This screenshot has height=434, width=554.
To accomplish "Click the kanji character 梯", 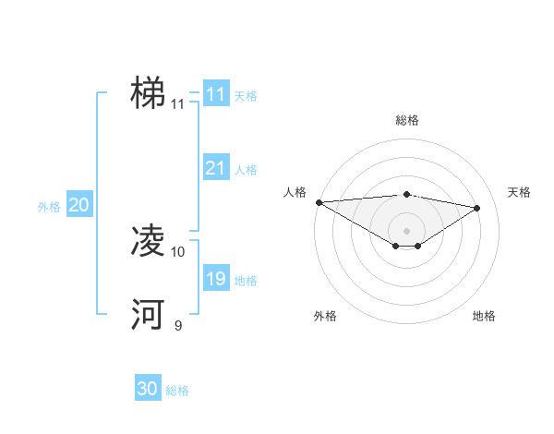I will [148, 94].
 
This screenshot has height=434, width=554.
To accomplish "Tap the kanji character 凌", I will [148, 242].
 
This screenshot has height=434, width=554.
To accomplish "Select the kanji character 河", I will [148, 315].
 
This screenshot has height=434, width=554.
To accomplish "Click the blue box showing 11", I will [215, 94].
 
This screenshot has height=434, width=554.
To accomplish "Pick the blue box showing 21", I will [215, 168].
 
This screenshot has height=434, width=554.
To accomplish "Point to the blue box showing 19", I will [215, 279].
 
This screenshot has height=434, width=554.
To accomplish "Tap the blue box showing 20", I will [78, 206].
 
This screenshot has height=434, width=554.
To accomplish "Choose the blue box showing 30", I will [148, 389].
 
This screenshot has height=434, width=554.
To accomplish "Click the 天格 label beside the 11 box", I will [246, 95].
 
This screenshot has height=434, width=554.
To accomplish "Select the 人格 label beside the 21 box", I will [246, 170].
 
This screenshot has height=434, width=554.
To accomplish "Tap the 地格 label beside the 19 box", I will [246, 281].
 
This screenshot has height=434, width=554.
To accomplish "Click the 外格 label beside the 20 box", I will [49, 208].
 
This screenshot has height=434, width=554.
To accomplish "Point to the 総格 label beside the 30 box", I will [177, 391].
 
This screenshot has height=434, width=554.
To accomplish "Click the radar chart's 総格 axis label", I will [406, 120].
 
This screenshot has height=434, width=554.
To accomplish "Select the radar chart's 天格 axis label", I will [519, 192].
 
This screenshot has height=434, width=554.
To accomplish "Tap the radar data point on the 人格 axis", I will [319, 202].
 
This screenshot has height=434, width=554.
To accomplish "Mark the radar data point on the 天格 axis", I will [477, 208].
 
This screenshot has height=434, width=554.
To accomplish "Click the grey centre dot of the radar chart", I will [406, 230].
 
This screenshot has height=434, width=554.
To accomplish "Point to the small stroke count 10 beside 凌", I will [178, 251].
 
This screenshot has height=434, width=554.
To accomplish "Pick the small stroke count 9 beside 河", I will [178, 325].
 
